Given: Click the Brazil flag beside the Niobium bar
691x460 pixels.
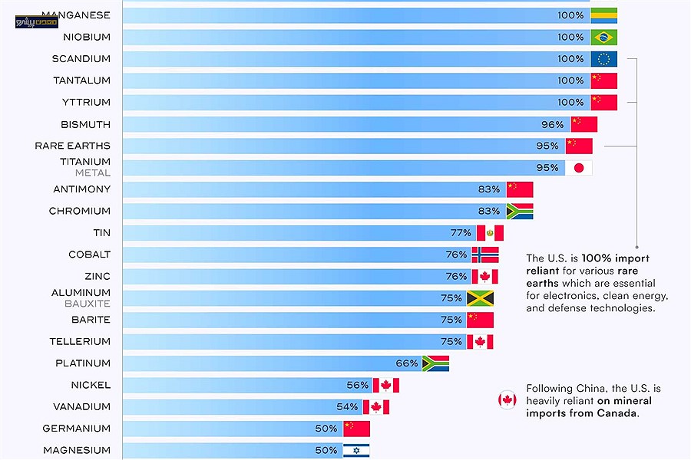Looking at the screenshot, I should [x=604, y=37].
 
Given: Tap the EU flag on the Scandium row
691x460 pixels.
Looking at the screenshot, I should [x=604, y=59].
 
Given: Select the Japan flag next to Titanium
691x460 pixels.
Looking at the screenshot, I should [x=579, y=168].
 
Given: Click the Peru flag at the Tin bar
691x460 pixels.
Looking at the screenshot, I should [x=490, y=233].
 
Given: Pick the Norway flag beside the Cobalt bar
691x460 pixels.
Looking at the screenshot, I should [x=484, y=255].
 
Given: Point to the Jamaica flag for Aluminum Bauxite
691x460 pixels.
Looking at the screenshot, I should [x=480, y=298].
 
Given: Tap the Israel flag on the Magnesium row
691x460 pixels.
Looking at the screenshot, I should [x=356, y=450].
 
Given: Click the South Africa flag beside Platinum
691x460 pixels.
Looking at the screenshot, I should [x=435, y=363].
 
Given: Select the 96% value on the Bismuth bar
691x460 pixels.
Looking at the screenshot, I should [x=552, y=124].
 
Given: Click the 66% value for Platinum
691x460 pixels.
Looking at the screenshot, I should [x=407, y=363].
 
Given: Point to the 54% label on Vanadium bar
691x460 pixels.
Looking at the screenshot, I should [x=347, y=407].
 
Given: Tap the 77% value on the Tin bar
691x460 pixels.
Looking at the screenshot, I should [x=461, y=233].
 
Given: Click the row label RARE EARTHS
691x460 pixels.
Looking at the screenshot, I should [x=72, y=146].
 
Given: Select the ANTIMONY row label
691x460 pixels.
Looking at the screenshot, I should [x=81, y=189].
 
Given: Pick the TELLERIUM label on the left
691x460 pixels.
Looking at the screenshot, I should [x=80, y=341].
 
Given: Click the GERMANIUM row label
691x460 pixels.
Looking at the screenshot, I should [x=77, y=429].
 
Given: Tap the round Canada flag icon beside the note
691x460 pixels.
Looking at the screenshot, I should [x=507, y=399].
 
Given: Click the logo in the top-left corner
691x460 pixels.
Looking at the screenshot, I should [x=30, y=21].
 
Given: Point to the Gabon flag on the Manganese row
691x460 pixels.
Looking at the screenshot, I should [x=604, y=15].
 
